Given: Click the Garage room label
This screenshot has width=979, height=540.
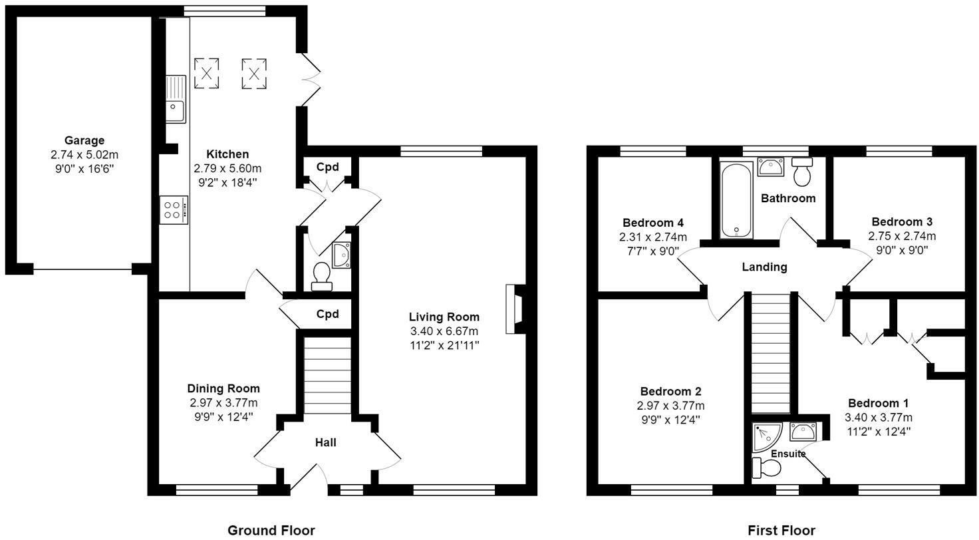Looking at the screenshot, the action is (84, 140).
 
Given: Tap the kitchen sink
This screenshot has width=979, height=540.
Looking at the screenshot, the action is (176, 99).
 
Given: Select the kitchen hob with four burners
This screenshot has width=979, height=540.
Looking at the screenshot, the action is (174, 210).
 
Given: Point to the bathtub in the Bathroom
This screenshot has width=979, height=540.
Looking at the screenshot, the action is (736, 200).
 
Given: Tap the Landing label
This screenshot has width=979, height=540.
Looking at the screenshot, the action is (764, 267).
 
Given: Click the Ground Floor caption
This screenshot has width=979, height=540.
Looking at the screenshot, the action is (271, 531).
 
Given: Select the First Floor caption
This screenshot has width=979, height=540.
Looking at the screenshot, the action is (781, 531).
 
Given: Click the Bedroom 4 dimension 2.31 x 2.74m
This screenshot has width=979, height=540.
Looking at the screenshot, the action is (653, 237).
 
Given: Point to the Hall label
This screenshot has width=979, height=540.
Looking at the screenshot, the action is (326, 442).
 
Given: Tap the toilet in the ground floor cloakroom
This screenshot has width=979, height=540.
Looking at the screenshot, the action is (321, 276).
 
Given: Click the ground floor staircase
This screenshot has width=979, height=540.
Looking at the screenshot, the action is (327, 375).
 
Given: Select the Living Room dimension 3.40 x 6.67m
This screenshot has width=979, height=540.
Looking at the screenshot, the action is (444, 331).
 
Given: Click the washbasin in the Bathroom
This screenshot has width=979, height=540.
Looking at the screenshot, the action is (771, 167).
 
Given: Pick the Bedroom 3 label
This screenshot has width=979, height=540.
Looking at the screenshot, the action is (902, 221).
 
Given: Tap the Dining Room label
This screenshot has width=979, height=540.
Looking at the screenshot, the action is (223, 388).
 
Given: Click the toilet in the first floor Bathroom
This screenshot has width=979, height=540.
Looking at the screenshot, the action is (802, 172).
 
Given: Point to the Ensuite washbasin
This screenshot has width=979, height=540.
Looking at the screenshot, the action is (803, 432).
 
